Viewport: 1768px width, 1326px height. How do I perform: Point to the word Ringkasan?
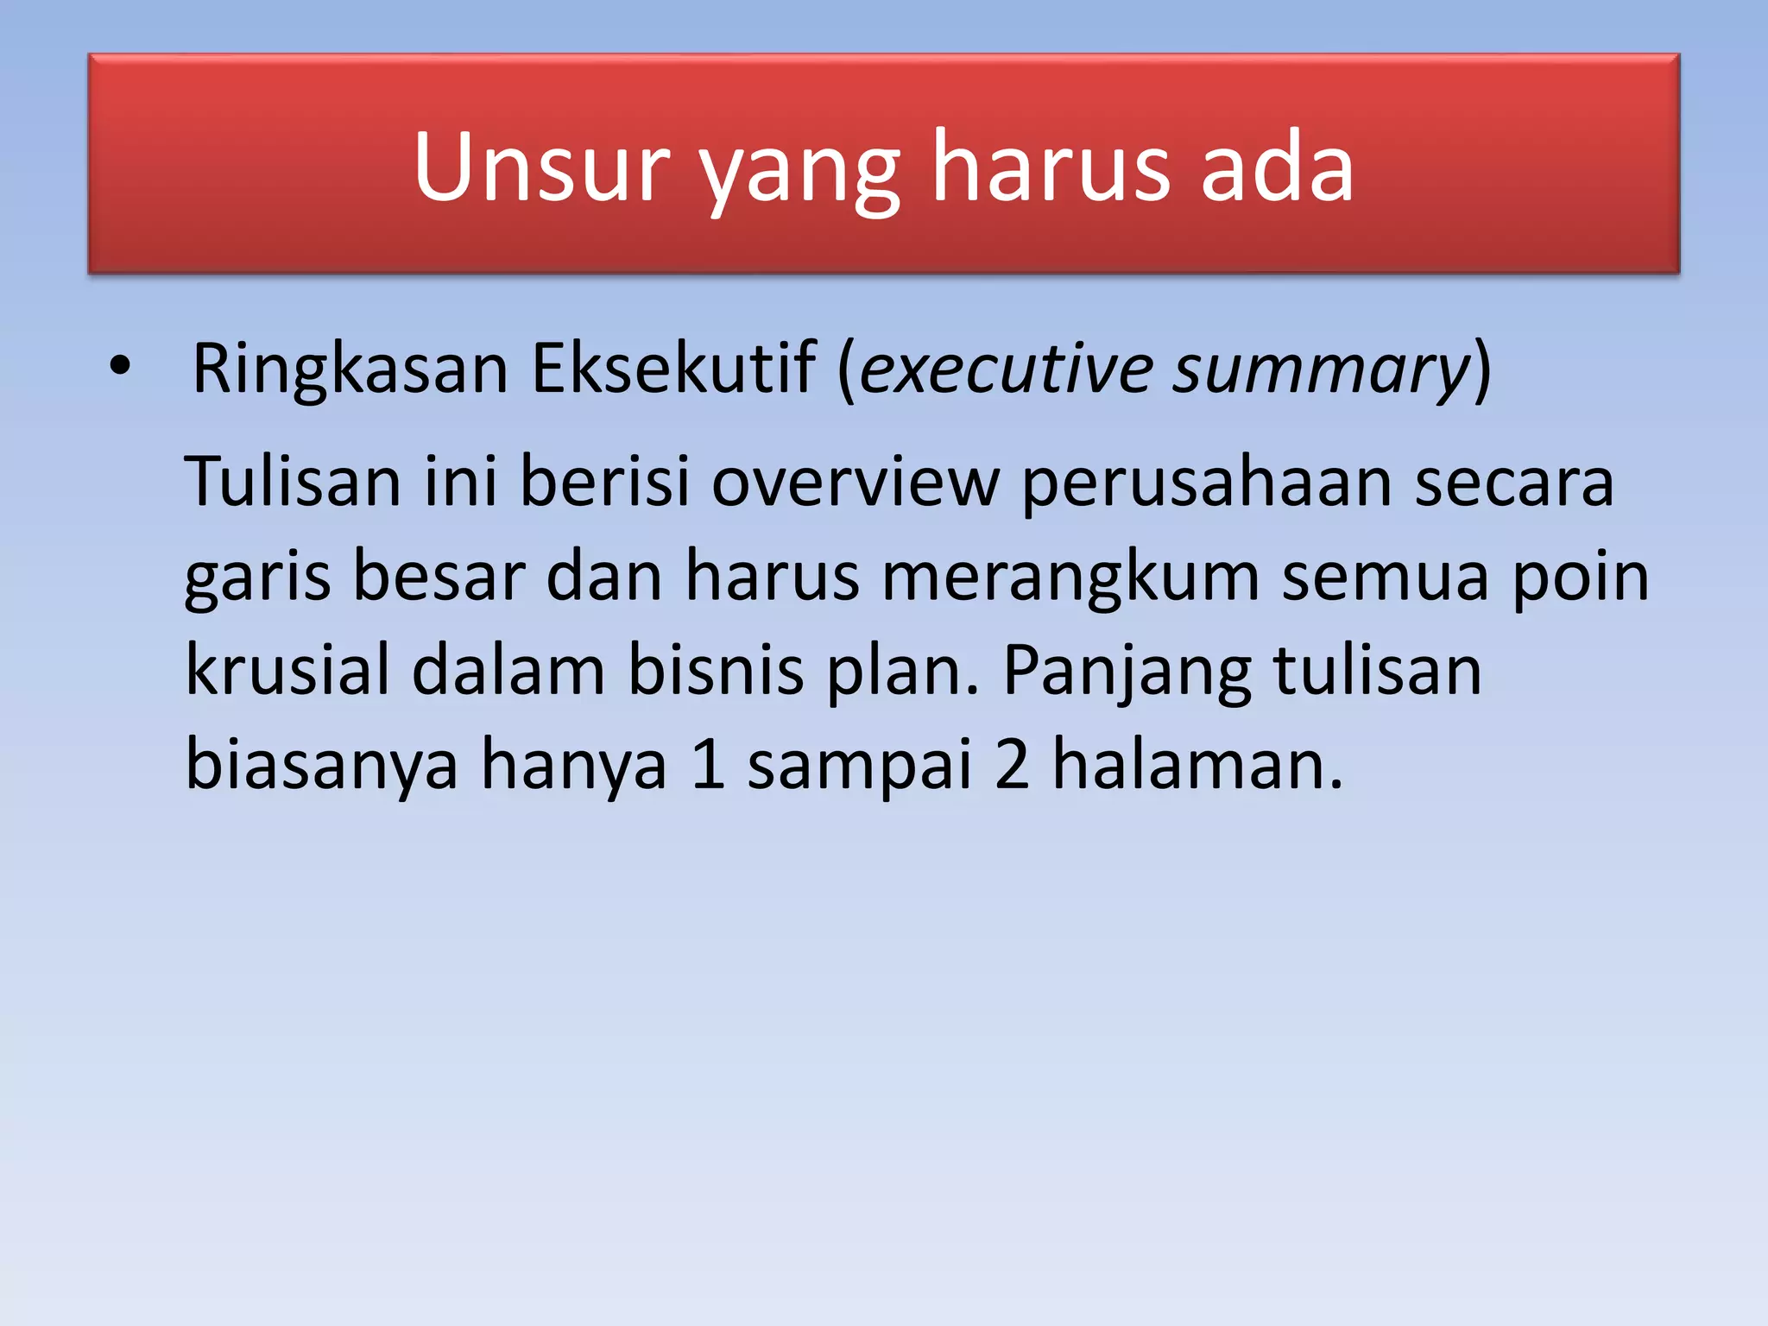click(x=350, y=369)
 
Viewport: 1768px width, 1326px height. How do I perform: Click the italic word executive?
click(x=1007, y=369)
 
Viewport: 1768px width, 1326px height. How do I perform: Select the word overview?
click(x=855, y=481)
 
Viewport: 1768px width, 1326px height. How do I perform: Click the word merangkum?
click(x=1070, y=577)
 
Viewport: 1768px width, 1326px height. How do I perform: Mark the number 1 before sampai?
click(x=708, y=764)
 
